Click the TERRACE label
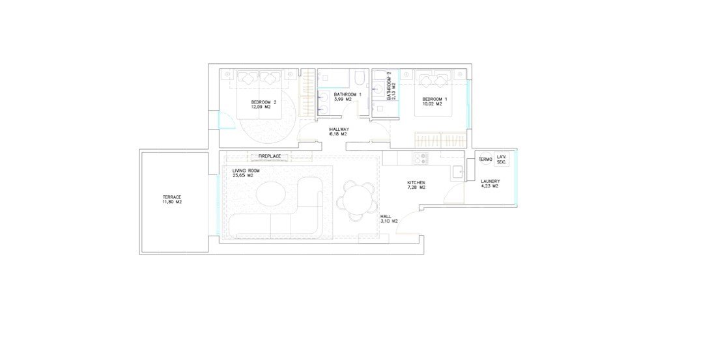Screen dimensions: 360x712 [172, 197]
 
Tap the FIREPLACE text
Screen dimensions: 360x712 [269, 157]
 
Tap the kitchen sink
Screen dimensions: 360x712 [457, 171]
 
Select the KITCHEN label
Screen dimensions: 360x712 [416, 182]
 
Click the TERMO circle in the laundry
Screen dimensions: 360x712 [485, 159]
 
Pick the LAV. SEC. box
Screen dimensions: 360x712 [502, 159]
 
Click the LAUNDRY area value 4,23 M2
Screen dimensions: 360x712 [491, 187]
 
